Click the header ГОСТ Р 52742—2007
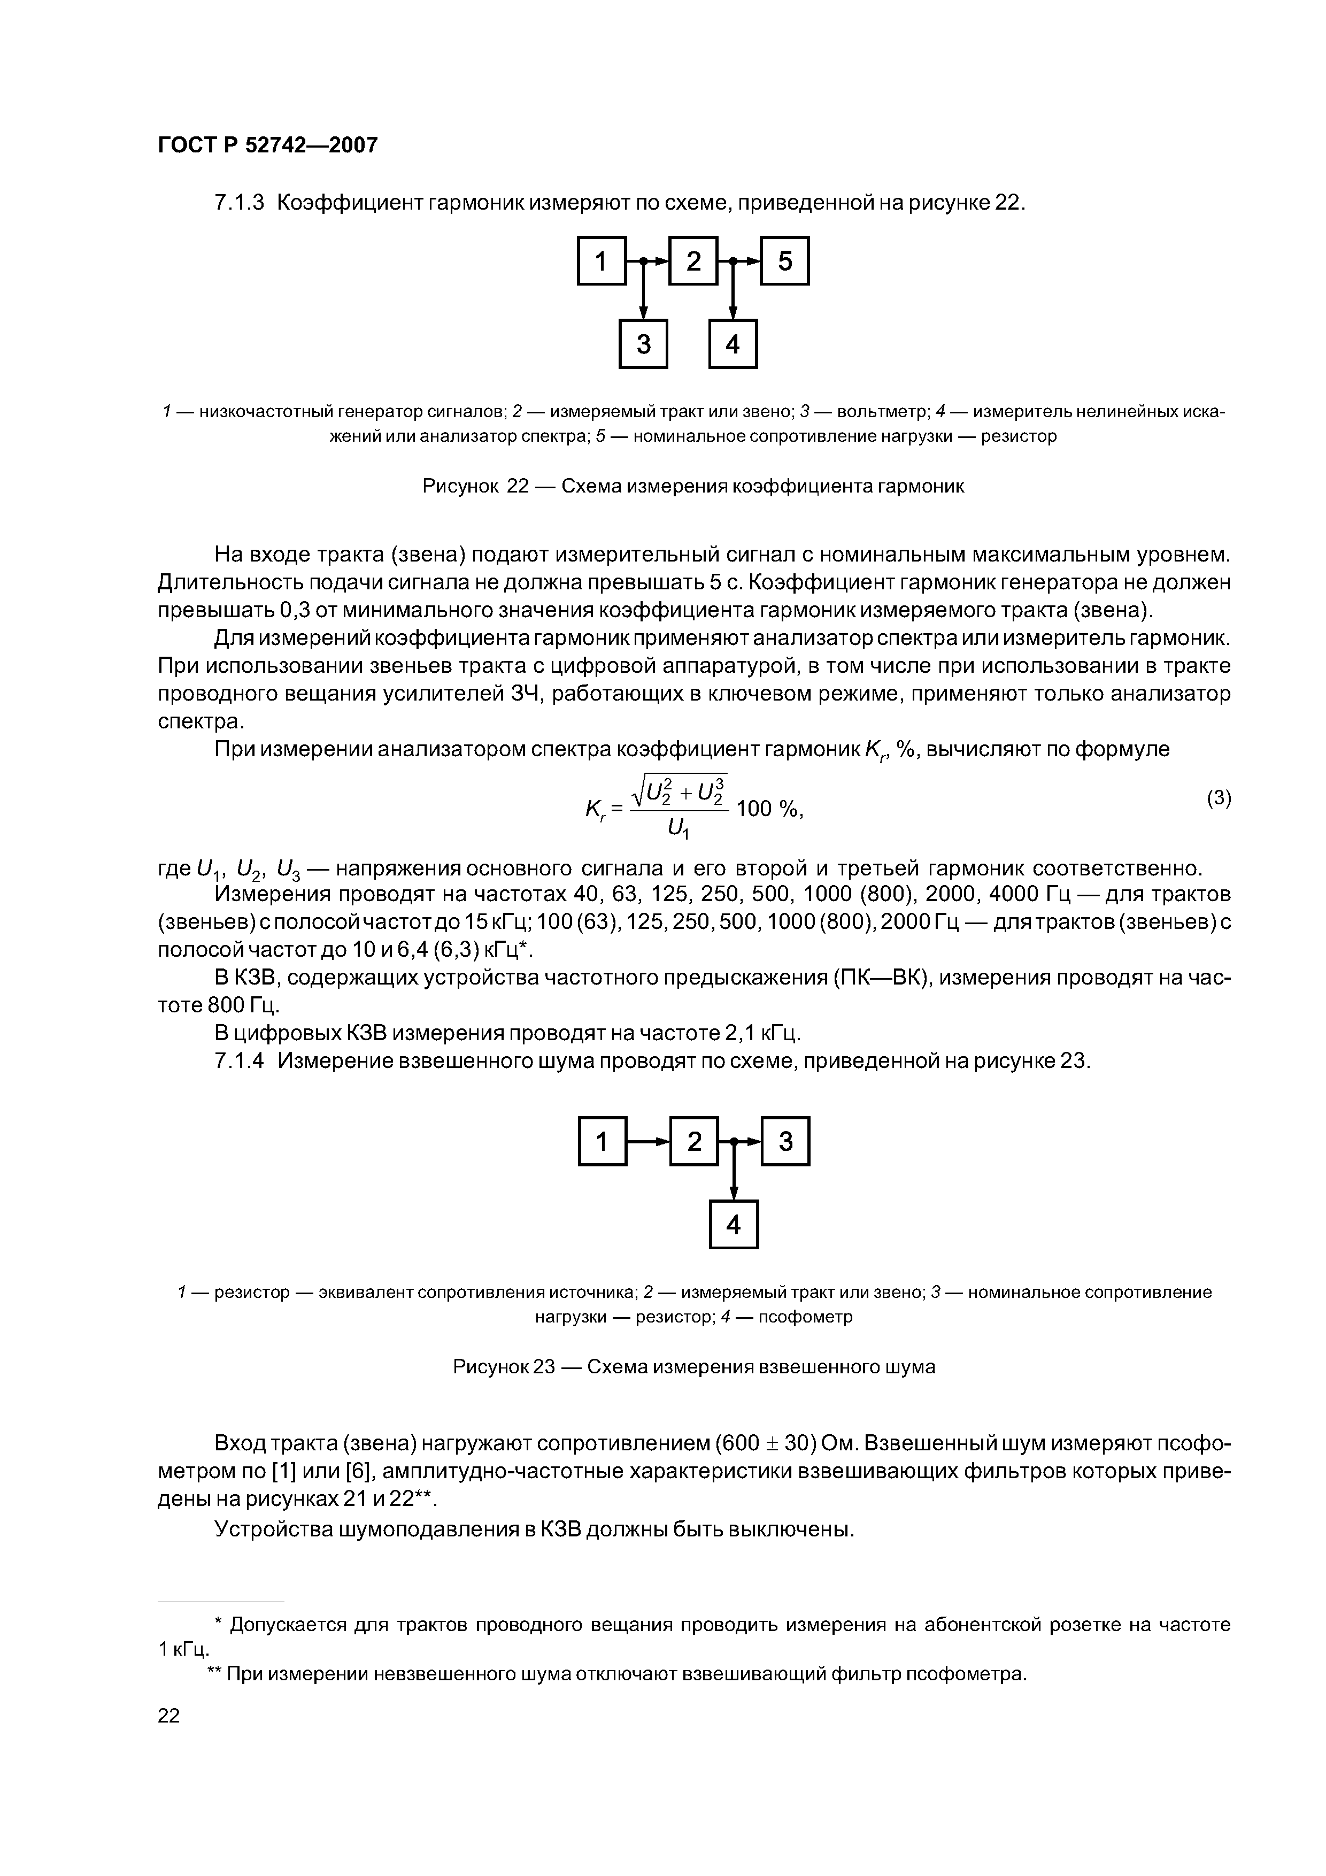pyautogui.click(x=267, y=145)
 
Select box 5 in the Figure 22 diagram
pyautogui.click(x=784, y=260)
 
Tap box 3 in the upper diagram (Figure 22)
pyautogui.click(x=643, y=344)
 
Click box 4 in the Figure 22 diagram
pyautogui.click(x=733, y=344)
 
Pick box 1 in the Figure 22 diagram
pyautogui.click(x=602, y=260)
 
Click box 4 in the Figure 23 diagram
pyautogui.click(x=734, y=1225)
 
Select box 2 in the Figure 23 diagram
pyautogui.click(x=693, y=1141)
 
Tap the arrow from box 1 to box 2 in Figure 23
pyautogui.click(x=647, y=1141)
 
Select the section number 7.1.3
pyautogui.click(x=240, y=203)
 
